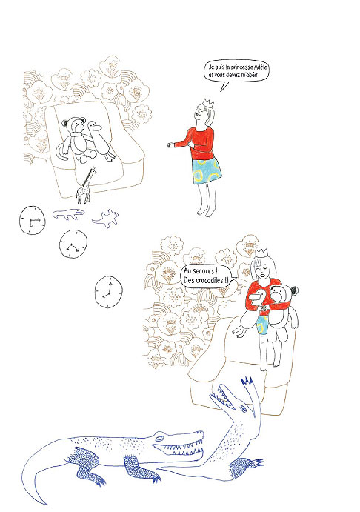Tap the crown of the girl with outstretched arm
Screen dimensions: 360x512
(208, 102)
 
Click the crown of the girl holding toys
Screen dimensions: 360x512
(261, 253)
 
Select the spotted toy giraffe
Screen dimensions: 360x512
(86, 185)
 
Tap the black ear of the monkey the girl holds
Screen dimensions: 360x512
(294, 290)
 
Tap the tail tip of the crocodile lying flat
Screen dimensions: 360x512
(44, 502)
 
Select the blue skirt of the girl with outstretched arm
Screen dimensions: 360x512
(206, 170)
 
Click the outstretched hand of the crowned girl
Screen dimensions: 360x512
(170, 144)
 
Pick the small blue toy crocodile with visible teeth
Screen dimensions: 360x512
(69, 214)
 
